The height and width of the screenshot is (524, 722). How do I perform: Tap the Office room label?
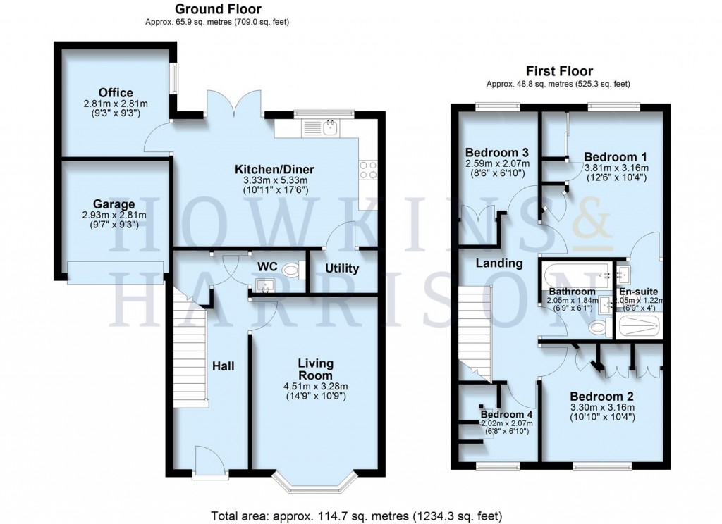[116, 93]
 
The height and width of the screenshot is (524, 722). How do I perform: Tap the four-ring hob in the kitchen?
[369, 170]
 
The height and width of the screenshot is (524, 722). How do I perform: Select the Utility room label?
[342, 268]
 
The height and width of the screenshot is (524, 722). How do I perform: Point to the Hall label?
[224, 366]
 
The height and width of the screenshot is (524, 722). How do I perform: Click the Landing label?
[498, 263]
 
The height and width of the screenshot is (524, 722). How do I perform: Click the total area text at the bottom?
[357, 515]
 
